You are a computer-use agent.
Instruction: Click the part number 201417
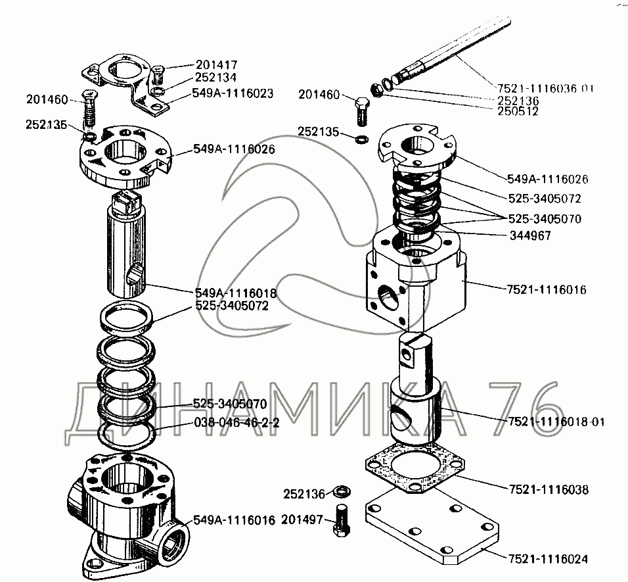tap(216, 64)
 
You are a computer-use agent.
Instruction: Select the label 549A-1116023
tap(233, 93)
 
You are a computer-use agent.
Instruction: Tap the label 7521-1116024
tap(548, 559)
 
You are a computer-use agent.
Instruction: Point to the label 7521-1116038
tap(549, 489)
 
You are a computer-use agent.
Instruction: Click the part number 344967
tap(530, 235)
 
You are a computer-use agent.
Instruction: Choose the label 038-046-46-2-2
tap(236, 422)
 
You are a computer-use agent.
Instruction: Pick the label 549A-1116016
tap(234, 520)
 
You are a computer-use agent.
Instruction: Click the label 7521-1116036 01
tap(545, 88)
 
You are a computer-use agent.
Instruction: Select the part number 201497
tap(302, 520)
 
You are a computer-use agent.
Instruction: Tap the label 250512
tap(518, 111)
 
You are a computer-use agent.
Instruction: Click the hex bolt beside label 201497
tap(341, 520)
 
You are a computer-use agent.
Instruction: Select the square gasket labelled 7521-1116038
tap(415, 466)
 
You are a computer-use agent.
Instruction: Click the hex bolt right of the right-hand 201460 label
tap(362, 110)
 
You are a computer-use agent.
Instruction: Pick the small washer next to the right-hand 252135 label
tap(362, 139)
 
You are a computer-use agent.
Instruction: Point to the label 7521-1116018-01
tap(556, 422)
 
